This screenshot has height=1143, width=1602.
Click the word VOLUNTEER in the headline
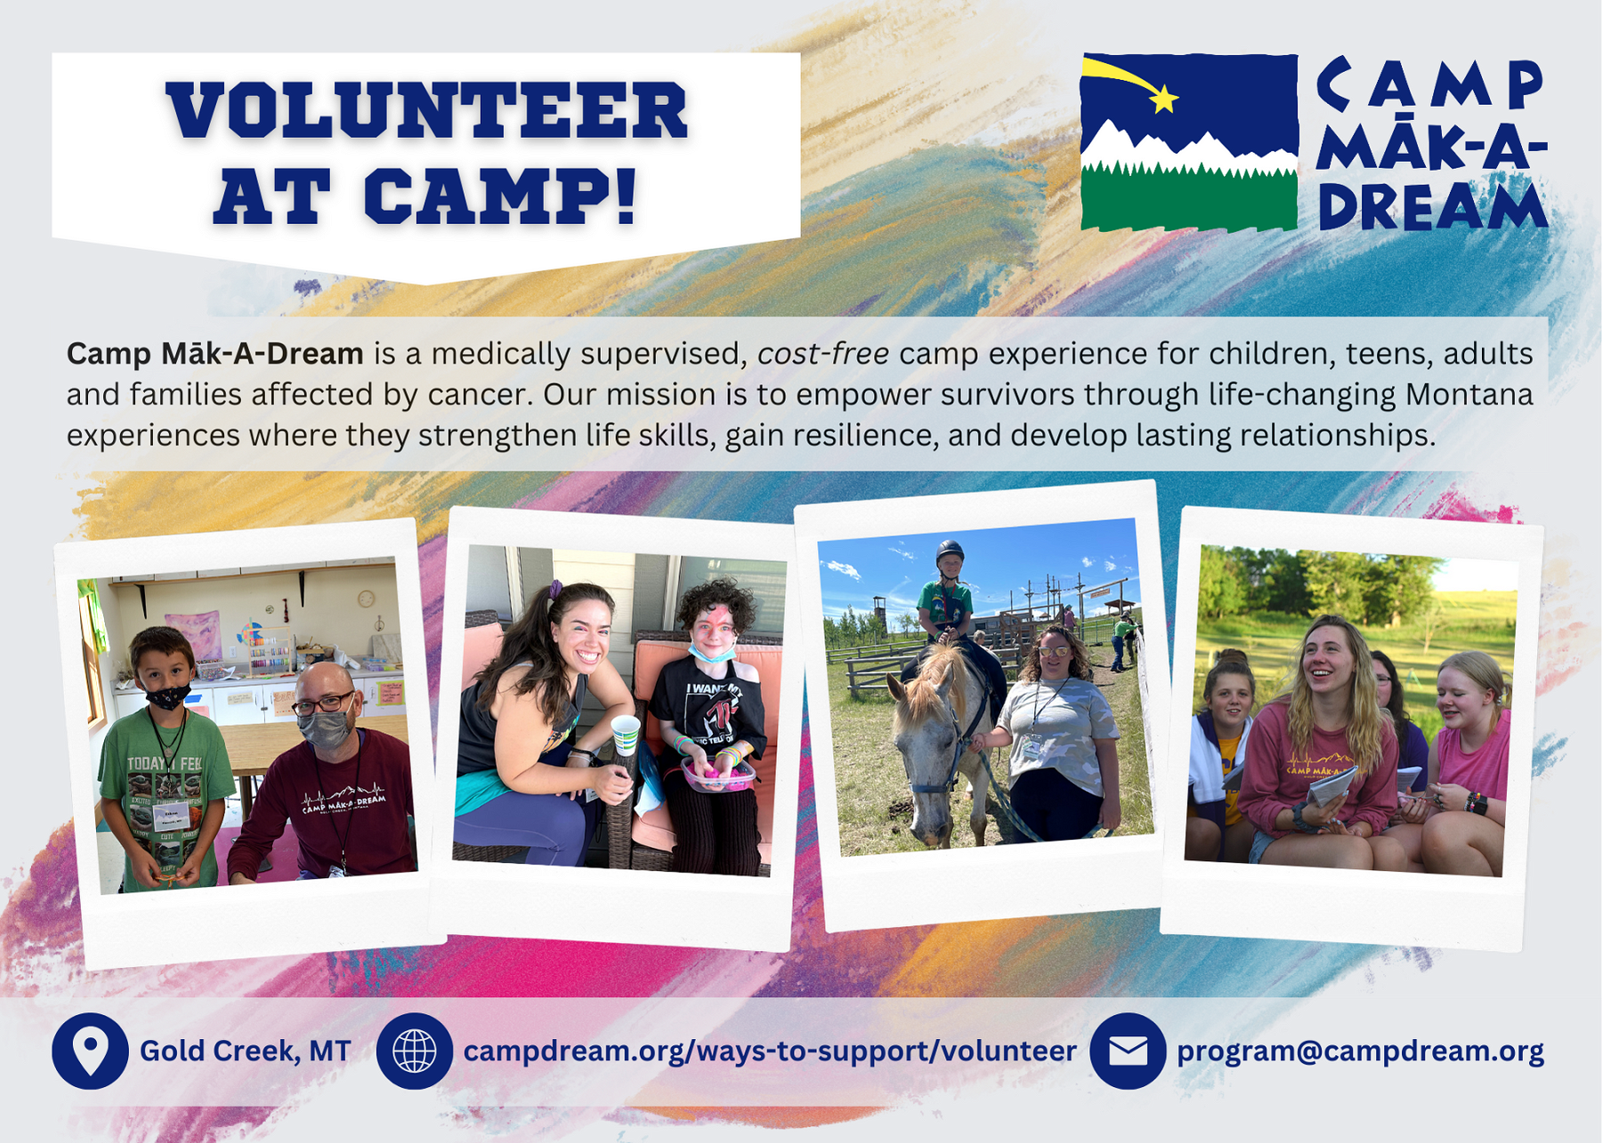[427, 110]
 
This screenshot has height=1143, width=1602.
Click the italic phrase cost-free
[823, 354]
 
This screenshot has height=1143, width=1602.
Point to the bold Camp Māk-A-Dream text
[215, 354]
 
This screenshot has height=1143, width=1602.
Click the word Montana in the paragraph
[1469, 394]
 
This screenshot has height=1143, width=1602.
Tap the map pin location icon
[90, 1050]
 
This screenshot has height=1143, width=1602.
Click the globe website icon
[415, 1050]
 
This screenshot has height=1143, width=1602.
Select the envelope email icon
[1128, 1050]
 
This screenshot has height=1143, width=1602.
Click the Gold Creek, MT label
[246, 1051]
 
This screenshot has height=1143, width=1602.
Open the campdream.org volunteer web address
[770, 1051]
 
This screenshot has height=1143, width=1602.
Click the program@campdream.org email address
[1360, 1051]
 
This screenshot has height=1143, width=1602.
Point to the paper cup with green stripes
[626, 735]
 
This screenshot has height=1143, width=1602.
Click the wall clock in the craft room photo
[366, 598]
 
